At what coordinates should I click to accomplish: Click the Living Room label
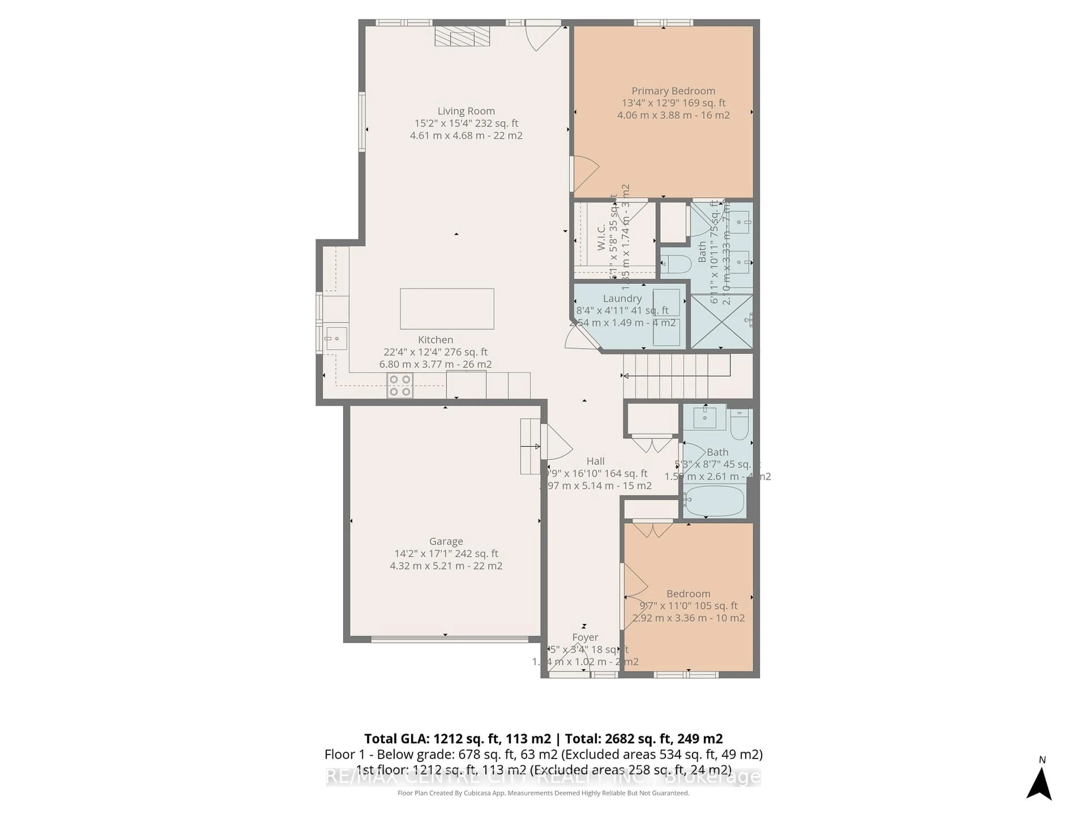[x=466, y=111]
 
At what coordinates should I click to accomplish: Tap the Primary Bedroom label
[x=673, y=91]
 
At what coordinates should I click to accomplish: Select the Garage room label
[x=446, y=541]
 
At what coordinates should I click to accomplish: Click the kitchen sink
[x=336, y=338]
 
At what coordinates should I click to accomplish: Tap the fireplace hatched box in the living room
[x=462, y=36]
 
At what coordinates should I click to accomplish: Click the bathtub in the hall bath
[x=715, y=501]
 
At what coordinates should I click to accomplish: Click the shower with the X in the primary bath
[x=721, y=322]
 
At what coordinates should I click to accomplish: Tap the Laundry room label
[x=622, y=299]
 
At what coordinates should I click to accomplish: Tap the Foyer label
[x=585, y=637]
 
